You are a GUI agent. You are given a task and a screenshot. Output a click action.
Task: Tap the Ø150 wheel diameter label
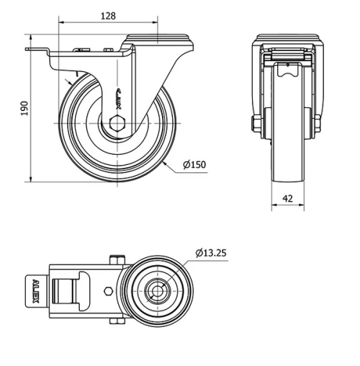coord(194,165)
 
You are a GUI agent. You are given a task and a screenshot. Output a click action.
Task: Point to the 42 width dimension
coord(287,198)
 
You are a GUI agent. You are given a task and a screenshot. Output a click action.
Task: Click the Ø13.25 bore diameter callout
coord(211,252)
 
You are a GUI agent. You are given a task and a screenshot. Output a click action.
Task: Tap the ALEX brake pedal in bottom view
coord(35,291)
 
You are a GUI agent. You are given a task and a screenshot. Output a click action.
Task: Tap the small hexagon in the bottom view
coord(108,291)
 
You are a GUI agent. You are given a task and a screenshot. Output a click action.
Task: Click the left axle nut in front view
coord(256,124)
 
